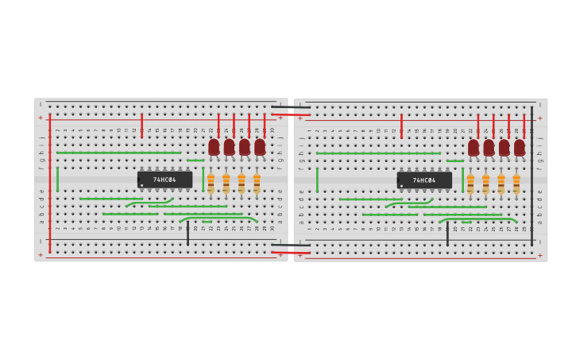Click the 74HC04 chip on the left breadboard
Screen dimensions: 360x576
(164, 180)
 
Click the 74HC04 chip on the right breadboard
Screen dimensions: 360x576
(424, 180)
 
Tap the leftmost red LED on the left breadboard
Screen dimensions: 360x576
(214, 147)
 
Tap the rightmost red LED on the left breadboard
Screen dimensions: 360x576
(260, 147)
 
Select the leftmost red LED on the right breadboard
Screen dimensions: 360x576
(474, 148)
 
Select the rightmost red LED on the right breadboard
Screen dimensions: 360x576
(520, 148)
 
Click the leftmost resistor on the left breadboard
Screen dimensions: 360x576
(211, 183)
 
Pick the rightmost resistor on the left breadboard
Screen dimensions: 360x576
(257, 183)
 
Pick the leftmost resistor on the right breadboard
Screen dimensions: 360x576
(470, 184)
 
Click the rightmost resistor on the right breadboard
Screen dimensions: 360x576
(516, 184)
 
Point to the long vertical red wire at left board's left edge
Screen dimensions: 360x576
(49, 183)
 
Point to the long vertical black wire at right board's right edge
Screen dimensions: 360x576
(532, 176)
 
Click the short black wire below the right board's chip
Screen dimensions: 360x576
(447, 234)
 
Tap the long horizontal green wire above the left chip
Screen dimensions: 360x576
(119, 153)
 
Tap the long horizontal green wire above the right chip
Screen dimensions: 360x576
(378, 153)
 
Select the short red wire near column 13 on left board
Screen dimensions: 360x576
(141, 126)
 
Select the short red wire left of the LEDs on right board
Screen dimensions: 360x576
(401, 126)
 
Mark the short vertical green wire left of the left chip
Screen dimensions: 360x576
(57, 179)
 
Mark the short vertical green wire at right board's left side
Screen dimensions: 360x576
(317, 180)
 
